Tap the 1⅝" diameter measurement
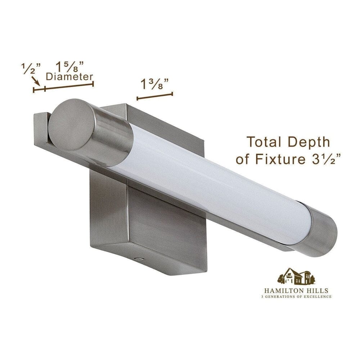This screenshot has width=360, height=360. pyautogui.click(x=70, y=66)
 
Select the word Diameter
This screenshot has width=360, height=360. pyautogui.click(x=69, y=77)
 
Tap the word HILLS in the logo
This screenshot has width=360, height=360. pyautogui.click(x=317, y=291)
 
